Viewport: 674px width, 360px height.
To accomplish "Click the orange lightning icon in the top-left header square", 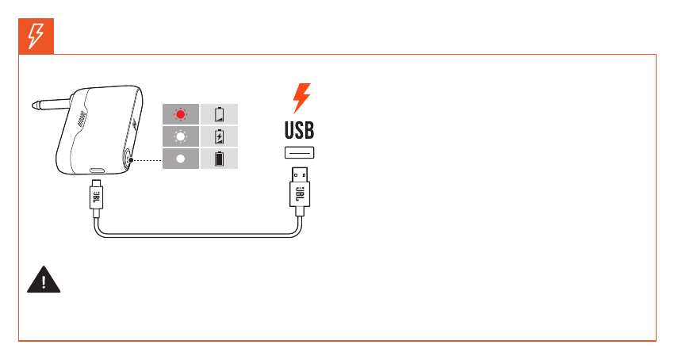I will click(36, 36).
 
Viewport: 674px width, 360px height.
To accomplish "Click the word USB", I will click(300, 130).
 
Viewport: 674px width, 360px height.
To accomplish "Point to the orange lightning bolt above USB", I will click(301, 98).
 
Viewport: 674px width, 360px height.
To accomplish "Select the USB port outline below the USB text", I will click(300, 153).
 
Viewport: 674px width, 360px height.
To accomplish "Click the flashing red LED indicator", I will click(180, 113).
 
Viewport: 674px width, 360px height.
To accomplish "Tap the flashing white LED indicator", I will click(180, 136).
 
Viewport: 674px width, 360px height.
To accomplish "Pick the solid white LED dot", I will click(180, 159).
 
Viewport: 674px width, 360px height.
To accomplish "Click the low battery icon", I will click(220, 113).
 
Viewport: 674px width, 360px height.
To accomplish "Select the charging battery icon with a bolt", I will click(220, 136).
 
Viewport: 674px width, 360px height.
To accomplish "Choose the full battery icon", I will click(220, 159).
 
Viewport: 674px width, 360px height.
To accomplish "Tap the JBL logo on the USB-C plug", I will click(97, 197).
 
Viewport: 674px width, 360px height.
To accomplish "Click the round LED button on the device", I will click(127, 159).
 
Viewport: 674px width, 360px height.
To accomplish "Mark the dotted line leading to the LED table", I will click(145, 159).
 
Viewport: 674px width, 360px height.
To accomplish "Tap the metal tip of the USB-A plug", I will click(300, 173).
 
